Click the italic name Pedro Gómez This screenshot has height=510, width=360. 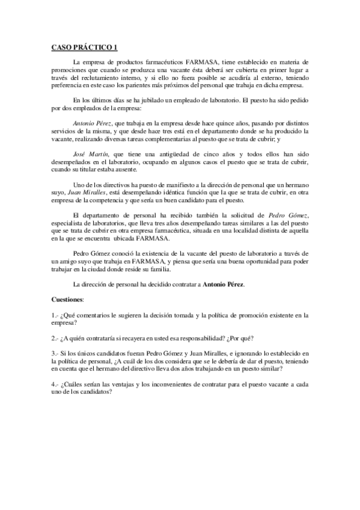(x=291, y=215)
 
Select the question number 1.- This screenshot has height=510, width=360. (x=55, y=315)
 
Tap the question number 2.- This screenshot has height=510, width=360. (x=55, y=338)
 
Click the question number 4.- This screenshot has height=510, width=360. (x=55, y=384)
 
